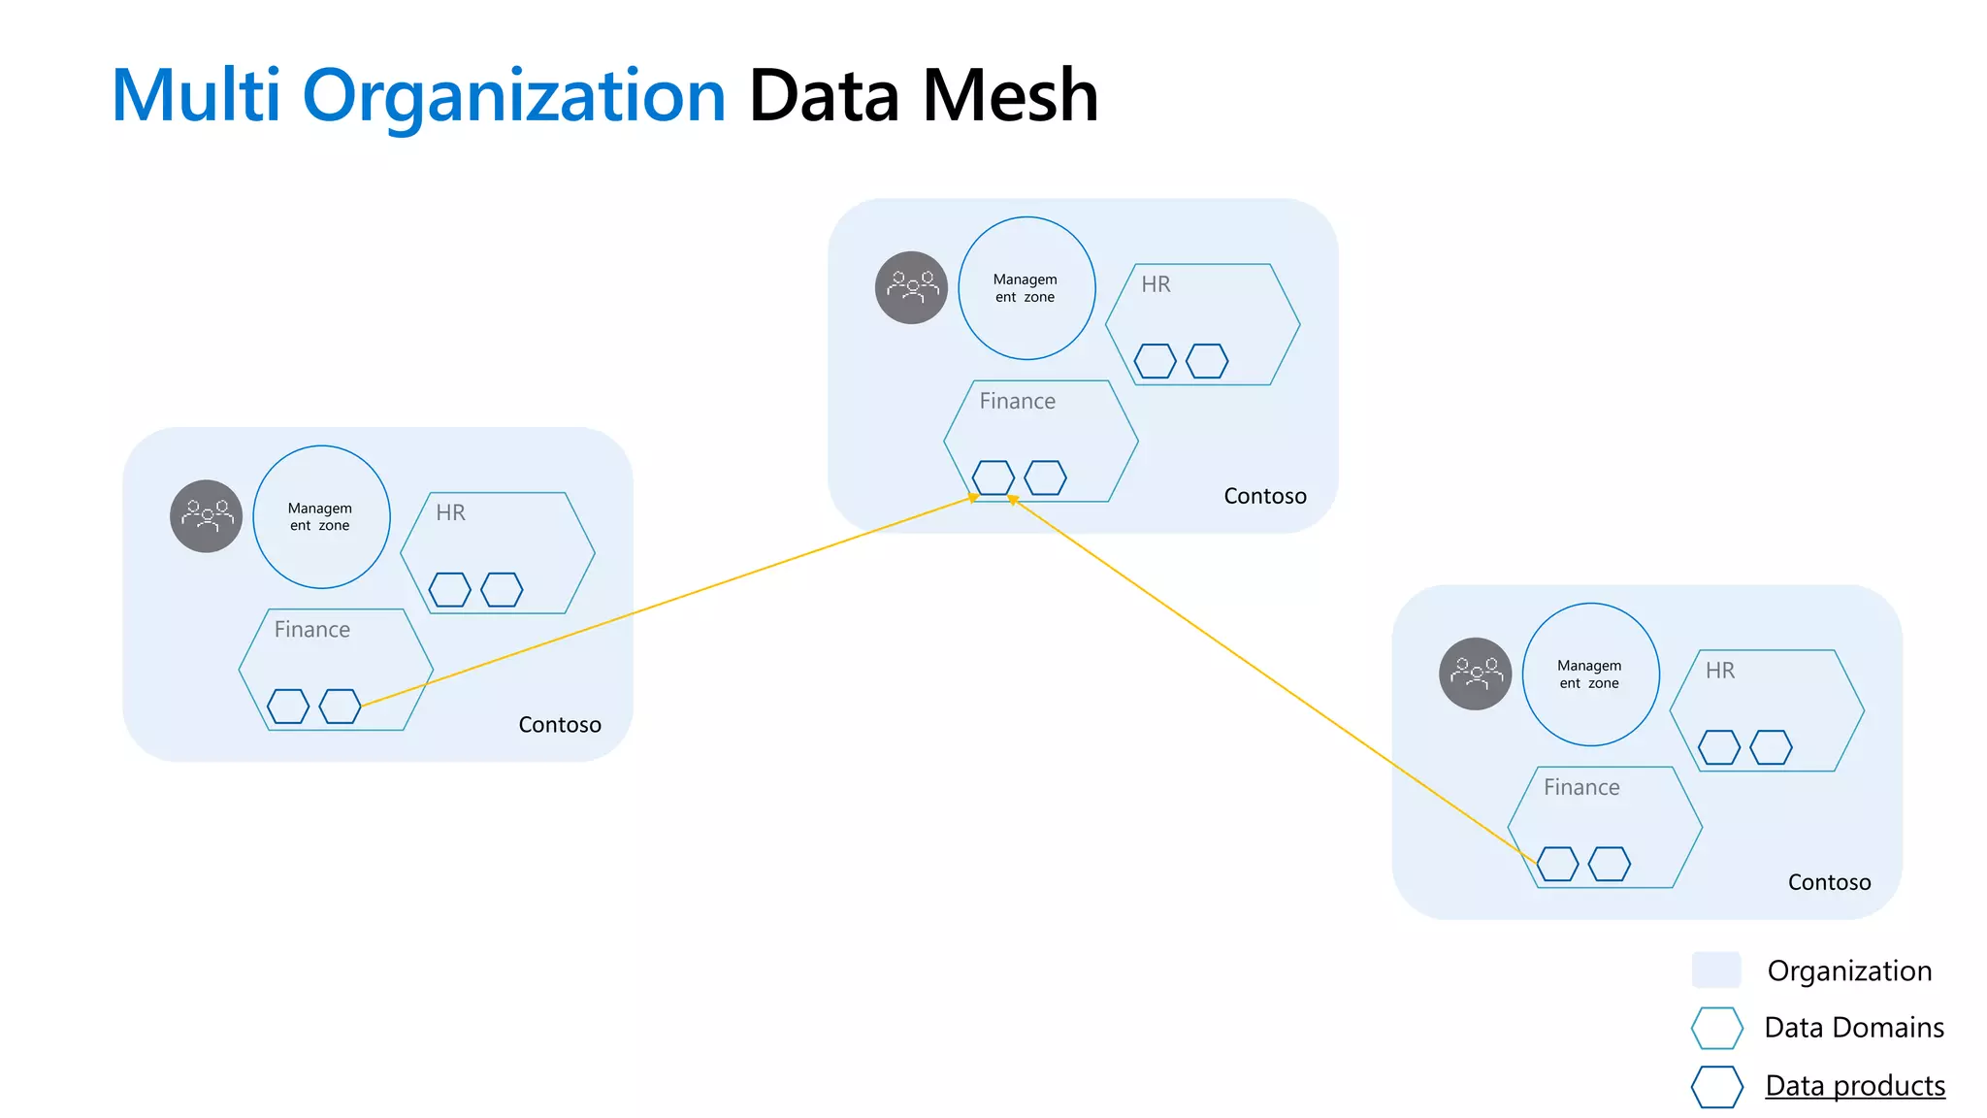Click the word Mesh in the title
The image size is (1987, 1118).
[1010, 95]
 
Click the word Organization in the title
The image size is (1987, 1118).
[514, 95]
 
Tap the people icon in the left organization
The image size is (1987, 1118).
[207, 516]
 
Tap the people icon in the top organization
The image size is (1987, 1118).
[911, 287]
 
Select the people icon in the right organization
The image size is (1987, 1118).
[1475, 674]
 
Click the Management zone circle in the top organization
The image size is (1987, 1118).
[1026, 288]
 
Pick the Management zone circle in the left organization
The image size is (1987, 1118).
[321, 517]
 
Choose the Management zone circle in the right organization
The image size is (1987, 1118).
[1590, 674]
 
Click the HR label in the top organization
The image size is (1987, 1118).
[1156, 284]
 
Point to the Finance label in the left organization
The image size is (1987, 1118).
[311, 630]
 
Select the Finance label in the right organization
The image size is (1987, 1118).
[1581, 787]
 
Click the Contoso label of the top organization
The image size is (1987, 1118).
[1264, 496]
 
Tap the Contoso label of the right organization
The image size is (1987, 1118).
[1829, 882]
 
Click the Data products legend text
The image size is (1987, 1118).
[1854, 1085]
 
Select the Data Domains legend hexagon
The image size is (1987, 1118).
[1716, 1028]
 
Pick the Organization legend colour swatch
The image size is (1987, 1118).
[1715, 970]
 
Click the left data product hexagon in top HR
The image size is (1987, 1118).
[1155, 361]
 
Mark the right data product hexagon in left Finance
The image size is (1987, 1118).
[340, 707]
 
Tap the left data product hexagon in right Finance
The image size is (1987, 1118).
[1557, 864]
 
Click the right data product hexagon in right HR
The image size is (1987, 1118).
[1771, 747]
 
